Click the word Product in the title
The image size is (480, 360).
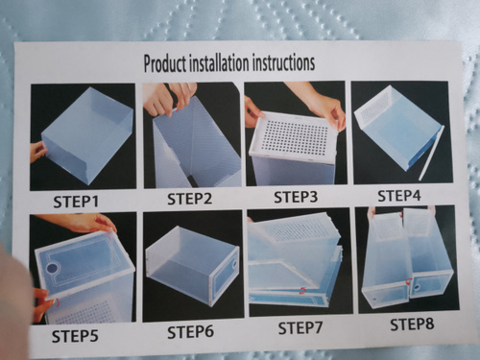(165, 63)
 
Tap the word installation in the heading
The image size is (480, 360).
(219, 62)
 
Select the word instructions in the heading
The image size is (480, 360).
(283, 62)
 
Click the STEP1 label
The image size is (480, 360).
(76, 202)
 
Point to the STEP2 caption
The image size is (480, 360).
(189, 199)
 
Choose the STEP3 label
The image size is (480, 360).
(296, 197)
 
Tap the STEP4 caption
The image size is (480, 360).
(399, 196)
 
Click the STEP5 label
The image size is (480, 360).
(75, 336)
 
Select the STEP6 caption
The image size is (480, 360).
(190, 332)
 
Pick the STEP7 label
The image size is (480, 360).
(300, 328)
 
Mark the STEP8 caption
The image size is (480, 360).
(412, 324)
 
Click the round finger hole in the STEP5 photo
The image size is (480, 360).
(52, 268)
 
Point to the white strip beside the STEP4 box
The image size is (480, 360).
(431, 153)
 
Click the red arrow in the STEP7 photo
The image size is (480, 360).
(301, 290)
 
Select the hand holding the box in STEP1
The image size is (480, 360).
(38, 153)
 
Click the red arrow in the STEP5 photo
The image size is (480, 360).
(58, 302)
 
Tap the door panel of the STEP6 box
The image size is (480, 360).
(225, 275)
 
